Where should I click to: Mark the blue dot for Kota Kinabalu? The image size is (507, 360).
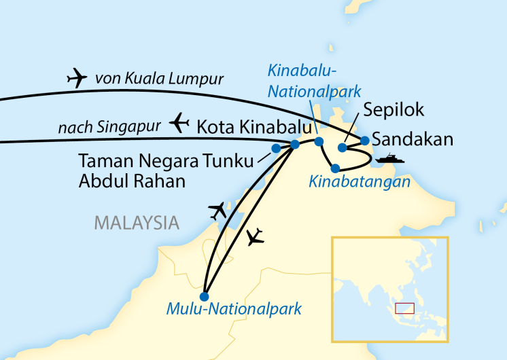tap(295, 144)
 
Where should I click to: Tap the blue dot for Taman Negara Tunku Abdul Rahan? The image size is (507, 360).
tap(276, 148)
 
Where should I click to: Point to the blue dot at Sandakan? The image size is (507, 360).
tap(365, 141)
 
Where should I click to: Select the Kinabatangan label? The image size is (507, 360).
tap(360, 181)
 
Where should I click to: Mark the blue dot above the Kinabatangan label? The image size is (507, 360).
tap(335, 168)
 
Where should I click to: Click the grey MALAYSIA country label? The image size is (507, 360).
tap(137, 221)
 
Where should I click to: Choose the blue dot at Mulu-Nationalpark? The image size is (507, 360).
tap(204, 295)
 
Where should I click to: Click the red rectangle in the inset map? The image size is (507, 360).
tap(405, 308)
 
